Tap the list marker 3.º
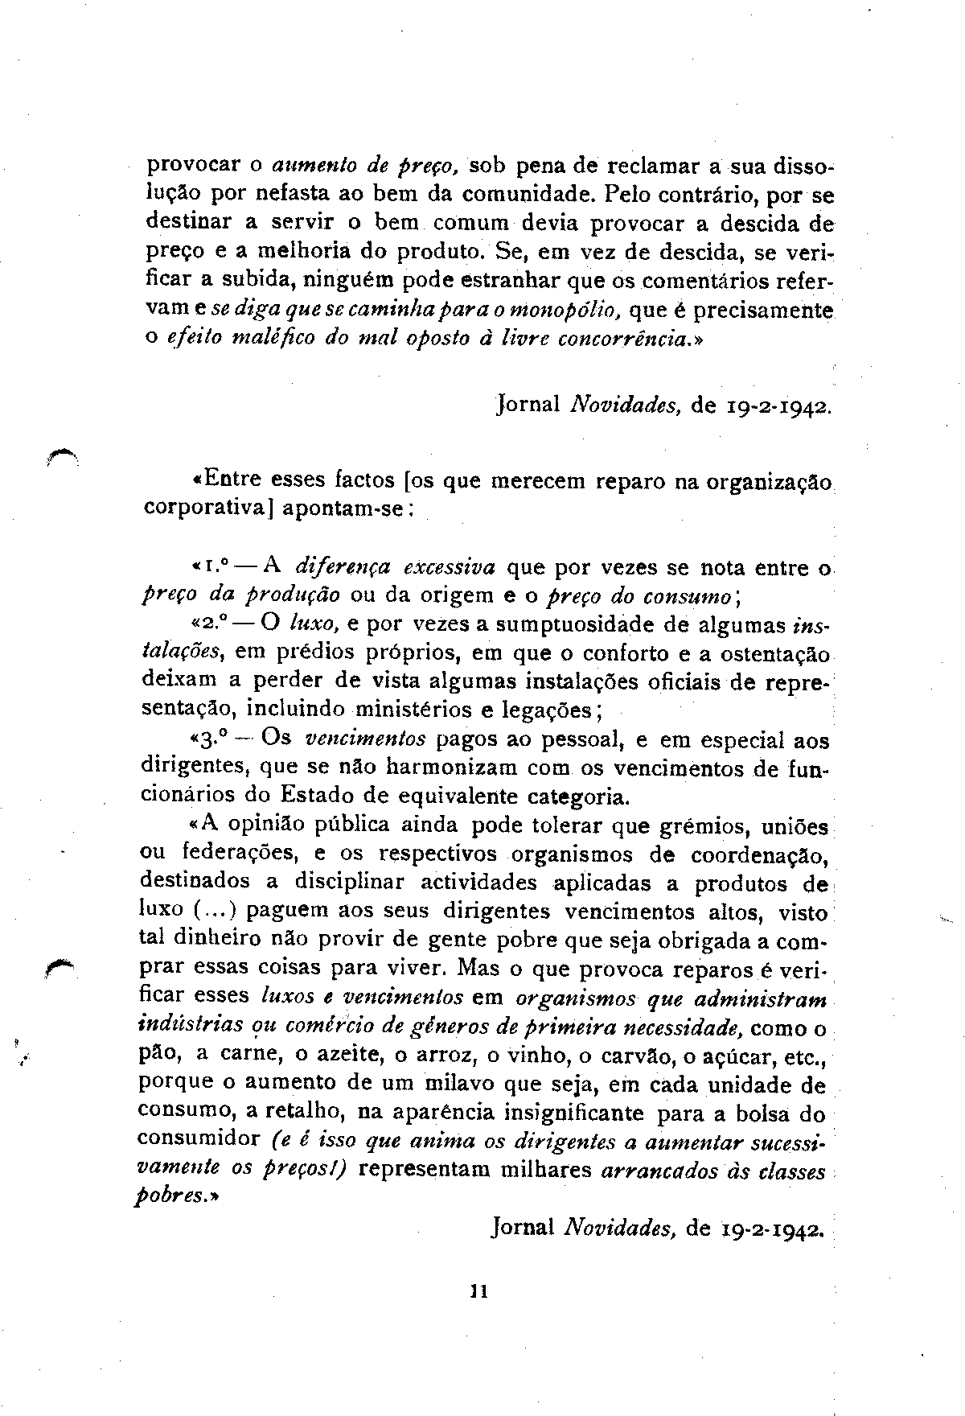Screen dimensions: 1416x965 [x=212, y=739]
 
